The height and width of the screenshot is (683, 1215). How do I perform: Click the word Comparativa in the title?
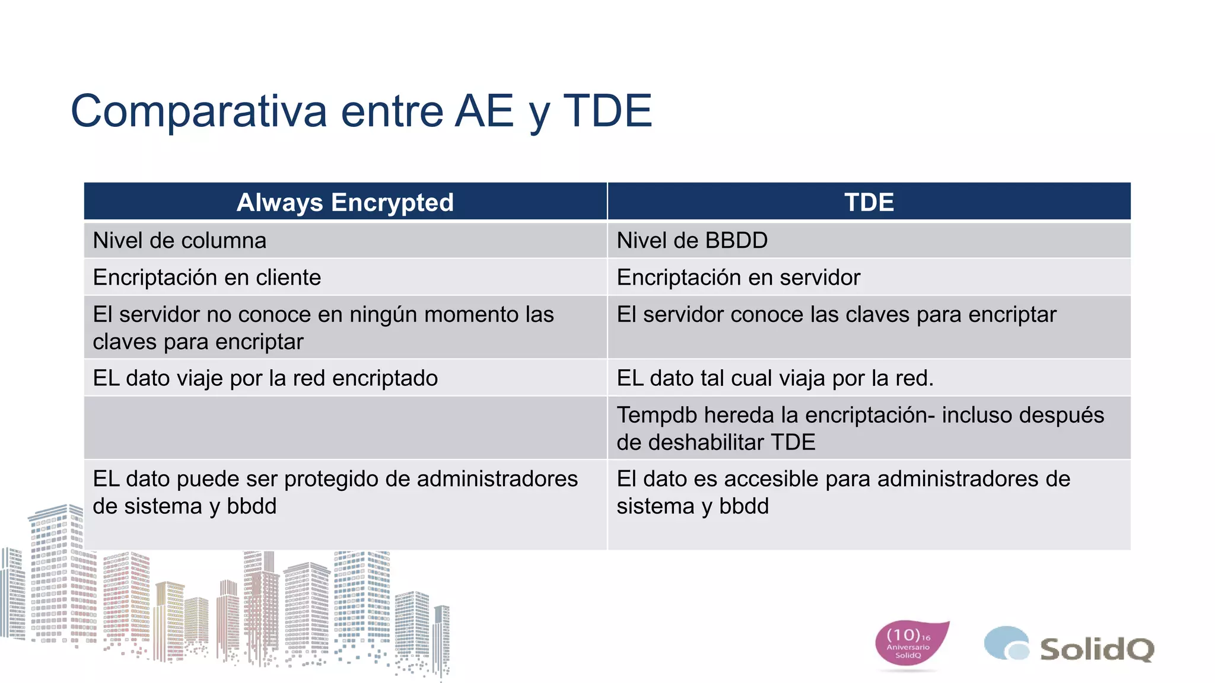tap(199, 111)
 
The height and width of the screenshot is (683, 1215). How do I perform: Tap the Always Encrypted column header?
tap(345, 202)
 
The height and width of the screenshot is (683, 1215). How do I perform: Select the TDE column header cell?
tap(869, 202)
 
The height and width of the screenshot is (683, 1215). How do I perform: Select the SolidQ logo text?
tap(1096, 649)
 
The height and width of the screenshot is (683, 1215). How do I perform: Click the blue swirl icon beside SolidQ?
tap(1006, 643)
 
